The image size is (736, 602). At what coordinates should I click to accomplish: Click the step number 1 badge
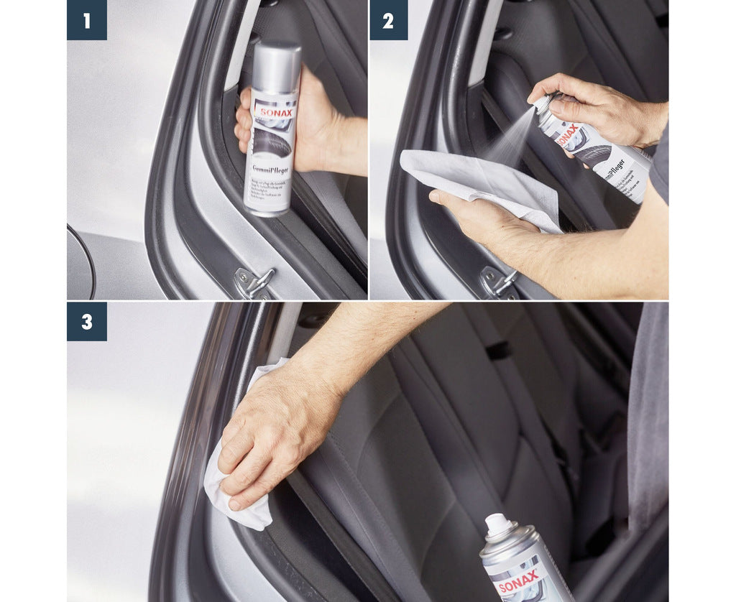pyautogui.click(x=87, y=20)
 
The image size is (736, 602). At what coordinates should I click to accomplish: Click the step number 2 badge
pyautogui.click(x=388, y=20)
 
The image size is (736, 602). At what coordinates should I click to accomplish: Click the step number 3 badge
pyautogui.click(x=87, y=321)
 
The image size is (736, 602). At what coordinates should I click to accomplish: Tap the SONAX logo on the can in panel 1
pyautogui.click(x=276, y=112)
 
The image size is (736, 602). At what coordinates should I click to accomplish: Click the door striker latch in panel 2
pyautogui.click(x=501, y=281)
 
